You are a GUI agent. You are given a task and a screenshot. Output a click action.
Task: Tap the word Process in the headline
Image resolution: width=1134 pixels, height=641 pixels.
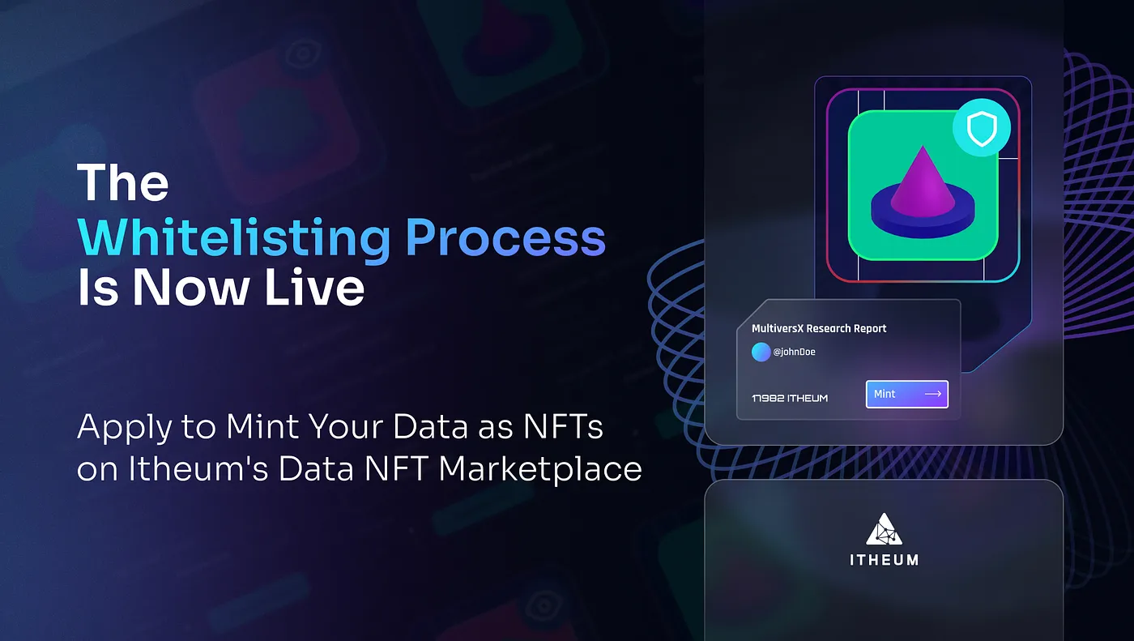[x=505, y=237]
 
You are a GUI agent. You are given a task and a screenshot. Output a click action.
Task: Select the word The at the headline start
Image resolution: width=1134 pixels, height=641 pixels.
[x=122, y=182]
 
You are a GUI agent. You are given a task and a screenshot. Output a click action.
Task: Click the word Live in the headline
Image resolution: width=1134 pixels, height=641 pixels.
[x=314, y=287]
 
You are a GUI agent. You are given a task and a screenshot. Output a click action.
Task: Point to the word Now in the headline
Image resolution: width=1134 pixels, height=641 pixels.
[x=190, y=287]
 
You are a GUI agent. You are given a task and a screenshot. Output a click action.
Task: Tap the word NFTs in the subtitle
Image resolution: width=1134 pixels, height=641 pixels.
[x=563, y=426]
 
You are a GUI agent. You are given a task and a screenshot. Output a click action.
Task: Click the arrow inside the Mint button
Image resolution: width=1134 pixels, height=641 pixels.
[x=933, y=394]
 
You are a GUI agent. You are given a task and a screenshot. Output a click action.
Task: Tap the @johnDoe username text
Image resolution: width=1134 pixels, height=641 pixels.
[x=794, y=352]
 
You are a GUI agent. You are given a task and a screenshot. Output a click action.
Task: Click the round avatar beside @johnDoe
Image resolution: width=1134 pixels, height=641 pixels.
[x=761, y=352]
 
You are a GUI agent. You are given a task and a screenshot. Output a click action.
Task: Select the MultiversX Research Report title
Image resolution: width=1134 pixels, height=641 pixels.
[x=819, y=328]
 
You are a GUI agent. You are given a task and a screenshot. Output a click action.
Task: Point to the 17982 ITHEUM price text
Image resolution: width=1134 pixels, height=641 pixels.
[x=790, y=398]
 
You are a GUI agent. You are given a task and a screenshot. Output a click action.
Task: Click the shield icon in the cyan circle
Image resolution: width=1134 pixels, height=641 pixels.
[x=982, y=128]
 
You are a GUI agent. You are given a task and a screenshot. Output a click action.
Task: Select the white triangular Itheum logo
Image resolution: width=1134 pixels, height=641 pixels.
[x=884, y=529]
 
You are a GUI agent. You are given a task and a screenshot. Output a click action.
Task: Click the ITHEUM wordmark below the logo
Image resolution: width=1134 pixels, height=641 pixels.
[x=884, y=560]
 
